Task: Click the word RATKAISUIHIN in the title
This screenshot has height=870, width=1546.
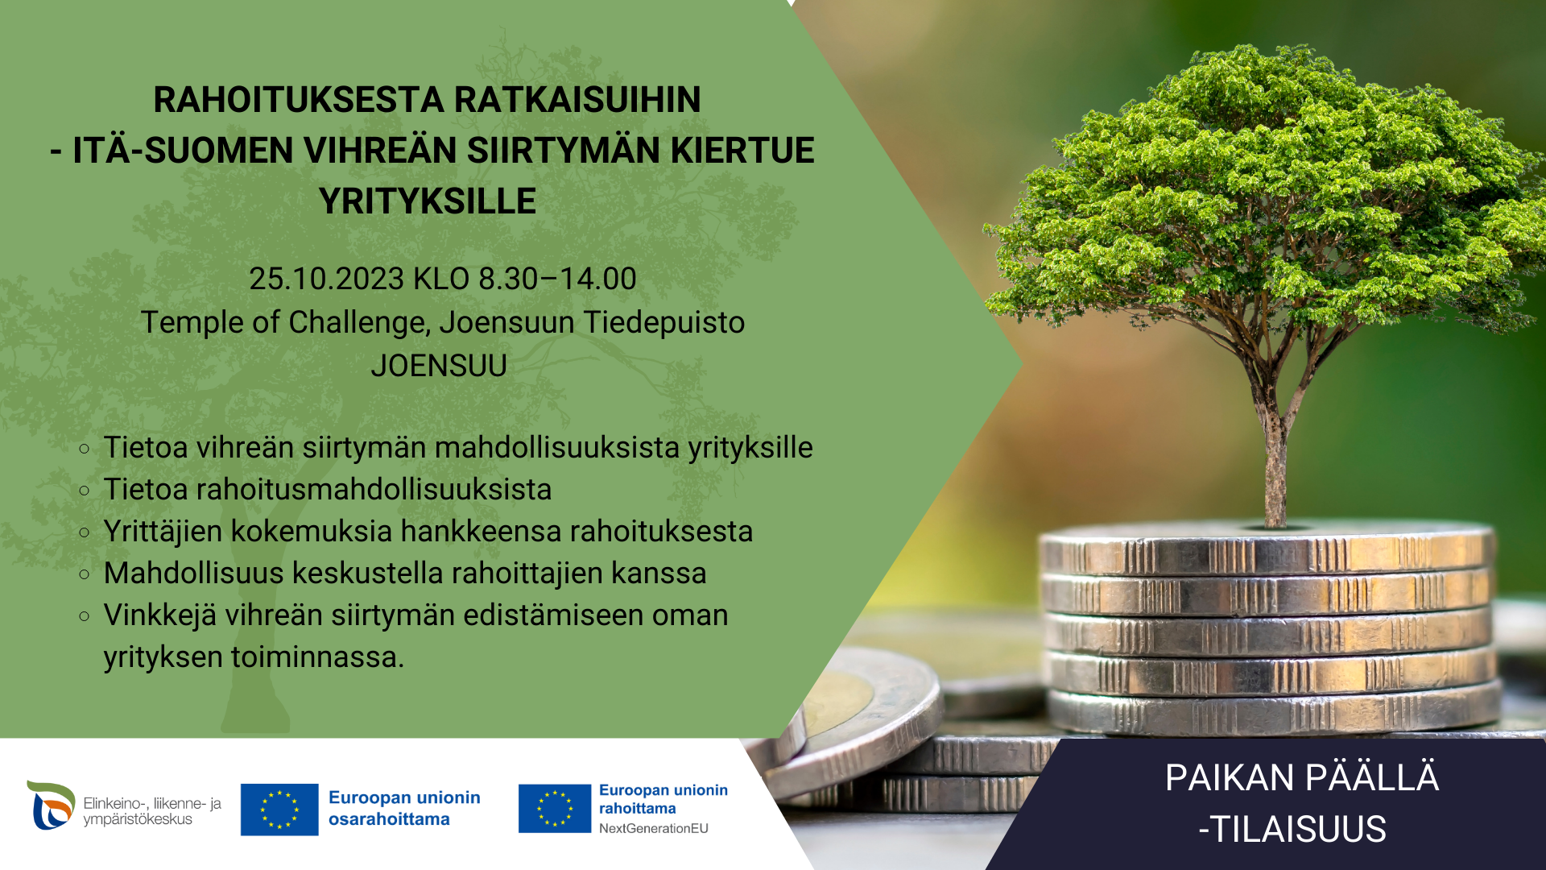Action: [x=577, y=100]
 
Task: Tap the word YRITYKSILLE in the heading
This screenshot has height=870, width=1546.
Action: [x=428, y=201]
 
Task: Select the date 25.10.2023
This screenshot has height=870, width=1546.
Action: [x=326, y=279]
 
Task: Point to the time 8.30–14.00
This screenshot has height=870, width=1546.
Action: [x=557, y=279]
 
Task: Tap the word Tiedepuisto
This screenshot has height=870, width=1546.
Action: [x=664, y=323]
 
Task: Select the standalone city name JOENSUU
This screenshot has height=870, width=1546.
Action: [x=439, y=366]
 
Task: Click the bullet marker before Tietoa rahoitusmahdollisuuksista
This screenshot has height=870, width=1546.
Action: [x=85, y=490]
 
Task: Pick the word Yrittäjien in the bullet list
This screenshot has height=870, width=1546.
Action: [x=163, y=532]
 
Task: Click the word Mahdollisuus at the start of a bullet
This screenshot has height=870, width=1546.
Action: [x=194, y=574]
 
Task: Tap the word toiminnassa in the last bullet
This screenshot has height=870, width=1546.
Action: [x=317, y=657]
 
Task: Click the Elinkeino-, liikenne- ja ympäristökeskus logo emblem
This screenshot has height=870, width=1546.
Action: [x=51, y=805]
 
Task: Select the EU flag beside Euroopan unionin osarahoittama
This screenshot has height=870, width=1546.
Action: [x=279, y=810]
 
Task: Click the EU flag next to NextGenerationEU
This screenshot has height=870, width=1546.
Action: [x=555, y=809]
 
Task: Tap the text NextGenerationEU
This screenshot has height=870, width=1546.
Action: [x=654, y=828]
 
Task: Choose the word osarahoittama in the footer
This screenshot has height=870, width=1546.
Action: [x=389, y=819]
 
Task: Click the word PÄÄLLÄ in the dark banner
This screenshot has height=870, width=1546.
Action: [x=1371, y=778]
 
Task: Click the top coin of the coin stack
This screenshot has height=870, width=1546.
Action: [x=1267, y=548]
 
